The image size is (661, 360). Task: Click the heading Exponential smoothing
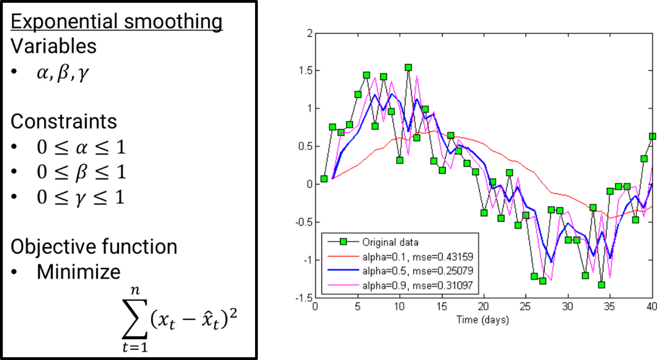[117, 22]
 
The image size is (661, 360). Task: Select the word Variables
[54, 46]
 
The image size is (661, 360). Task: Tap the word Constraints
[64, 121]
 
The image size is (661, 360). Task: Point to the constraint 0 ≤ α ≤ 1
[81, 148]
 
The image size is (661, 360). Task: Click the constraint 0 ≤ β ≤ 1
[81, 173]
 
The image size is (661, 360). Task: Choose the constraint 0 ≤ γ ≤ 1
[81, 198]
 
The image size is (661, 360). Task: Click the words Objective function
[94, 247]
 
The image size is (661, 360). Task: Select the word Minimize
[78, 272]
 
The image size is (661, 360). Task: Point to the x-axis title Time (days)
[483, 319]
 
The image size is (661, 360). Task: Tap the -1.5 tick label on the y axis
[303, 298]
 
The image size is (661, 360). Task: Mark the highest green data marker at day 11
[408, 67]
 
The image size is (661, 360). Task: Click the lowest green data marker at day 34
[601, 285]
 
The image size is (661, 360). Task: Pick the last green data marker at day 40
[652, 136]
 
